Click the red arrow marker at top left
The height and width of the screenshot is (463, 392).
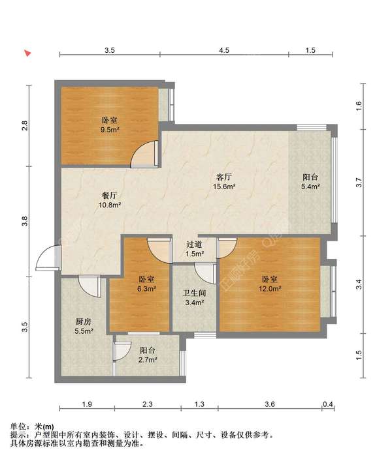click(28, 53)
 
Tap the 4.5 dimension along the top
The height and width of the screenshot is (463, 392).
click(224, 50)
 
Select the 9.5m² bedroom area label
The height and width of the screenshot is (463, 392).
click(110, 125)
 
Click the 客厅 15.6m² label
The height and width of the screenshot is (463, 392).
click(224, 181)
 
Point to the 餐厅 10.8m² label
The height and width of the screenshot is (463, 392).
click(110, 200)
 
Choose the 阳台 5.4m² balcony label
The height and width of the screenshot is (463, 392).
click(310, 181)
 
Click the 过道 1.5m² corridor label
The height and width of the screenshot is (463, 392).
click(195, 249)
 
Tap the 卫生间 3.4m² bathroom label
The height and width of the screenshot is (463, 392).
click(194, 297)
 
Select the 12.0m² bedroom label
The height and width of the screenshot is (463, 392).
click(270, 284)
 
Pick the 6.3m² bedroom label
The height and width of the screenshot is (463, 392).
click(146, 284)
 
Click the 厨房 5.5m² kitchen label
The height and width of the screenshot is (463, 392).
click(84, 326)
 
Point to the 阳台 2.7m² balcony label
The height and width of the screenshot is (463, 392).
click(148, 355)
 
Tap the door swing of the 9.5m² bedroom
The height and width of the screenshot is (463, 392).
click(144, 154)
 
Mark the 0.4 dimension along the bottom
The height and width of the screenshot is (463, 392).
click(328, 404)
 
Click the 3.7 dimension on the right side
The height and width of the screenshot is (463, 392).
click(359, 182)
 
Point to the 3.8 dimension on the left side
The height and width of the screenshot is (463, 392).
click(25, 221)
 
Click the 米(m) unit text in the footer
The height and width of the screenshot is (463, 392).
click(44, 426)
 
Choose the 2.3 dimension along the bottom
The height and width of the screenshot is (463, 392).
click(148, 404)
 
